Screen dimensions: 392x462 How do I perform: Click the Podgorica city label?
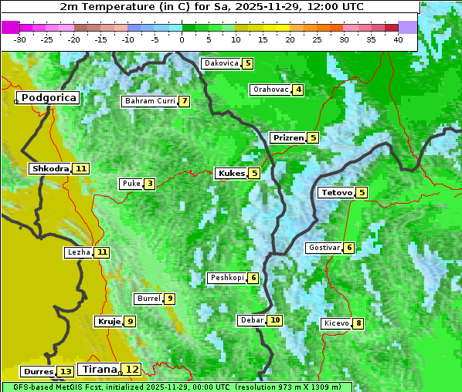tap(48, 98)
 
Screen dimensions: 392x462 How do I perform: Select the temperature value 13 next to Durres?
tap(66, 372)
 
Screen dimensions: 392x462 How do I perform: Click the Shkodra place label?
tap(50, 168)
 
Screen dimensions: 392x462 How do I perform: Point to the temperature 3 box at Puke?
tap(149, 184)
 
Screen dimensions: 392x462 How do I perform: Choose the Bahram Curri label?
tap(150, 101)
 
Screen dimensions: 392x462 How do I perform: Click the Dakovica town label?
tap(220, 63)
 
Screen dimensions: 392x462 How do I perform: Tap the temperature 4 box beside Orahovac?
tap(297, 90)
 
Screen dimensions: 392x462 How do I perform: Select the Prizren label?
tap(287, 138)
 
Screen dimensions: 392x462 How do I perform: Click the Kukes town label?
tap(231, 174)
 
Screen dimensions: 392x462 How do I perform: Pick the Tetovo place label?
tap(336, 192)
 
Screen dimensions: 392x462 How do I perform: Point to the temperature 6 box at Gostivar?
tap(349, 248)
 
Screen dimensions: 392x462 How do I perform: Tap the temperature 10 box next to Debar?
tap(274, 320)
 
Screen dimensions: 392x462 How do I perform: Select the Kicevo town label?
tap(337, 323)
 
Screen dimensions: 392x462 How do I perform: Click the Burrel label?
tap(148, 299)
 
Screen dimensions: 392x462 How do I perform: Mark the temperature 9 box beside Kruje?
tap(131, 322)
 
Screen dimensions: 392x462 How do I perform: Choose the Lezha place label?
tap(79, 252)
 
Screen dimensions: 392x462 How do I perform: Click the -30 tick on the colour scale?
tap(20, 39)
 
